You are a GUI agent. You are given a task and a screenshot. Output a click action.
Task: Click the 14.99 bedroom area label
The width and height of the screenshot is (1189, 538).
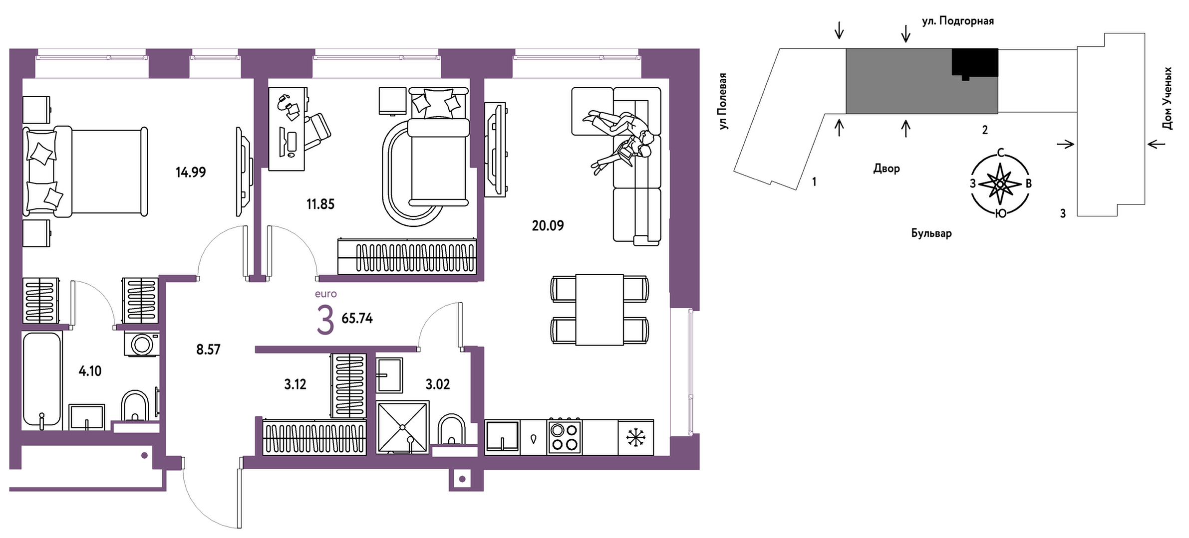pyautogui.click(x=191, y=173)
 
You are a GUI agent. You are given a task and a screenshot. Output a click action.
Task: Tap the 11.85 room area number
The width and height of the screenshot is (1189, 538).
pyautogui.click(x=320, y=204)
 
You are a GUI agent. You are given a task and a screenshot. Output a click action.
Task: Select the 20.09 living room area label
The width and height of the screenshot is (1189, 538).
pyautogui.click(x=548, y=226)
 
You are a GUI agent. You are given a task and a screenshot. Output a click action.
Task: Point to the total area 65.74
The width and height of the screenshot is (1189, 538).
pyautogui.click(x=357, y=318)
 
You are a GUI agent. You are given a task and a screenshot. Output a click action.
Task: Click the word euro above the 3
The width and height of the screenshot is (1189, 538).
pyautogui.click(x=326, y=294)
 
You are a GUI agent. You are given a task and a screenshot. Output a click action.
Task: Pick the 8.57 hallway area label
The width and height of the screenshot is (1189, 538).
pyautogui.click(x=208, y=350)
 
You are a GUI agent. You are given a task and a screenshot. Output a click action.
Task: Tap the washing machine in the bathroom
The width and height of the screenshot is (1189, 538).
pyautogui.click(x=142, y=344)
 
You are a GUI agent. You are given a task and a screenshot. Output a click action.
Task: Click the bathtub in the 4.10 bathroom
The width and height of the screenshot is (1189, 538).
pyautogui.click(x=42, y=381)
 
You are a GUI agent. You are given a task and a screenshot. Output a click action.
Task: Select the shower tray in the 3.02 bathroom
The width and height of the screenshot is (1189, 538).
pyautogui.click(x=402, y=427)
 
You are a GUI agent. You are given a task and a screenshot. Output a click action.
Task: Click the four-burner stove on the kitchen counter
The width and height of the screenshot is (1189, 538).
pyautogui.click(x=564, y=437)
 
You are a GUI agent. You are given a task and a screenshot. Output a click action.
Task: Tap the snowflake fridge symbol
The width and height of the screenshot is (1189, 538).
pyautogui.click(x=636, y=438)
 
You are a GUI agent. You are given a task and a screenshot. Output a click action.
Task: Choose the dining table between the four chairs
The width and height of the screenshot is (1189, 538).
pyautogui.click(x=599, y=310)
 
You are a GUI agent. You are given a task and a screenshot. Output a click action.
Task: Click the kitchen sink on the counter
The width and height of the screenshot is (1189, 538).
pyautogui.click(x=502, y=437)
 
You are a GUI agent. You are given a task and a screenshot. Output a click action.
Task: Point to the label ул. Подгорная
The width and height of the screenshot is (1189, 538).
pyautogui.click(x=958, y=21)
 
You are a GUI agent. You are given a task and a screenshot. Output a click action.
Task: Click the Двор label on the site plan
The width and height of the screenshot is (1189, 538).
pyautogui.click(x=887, y=169)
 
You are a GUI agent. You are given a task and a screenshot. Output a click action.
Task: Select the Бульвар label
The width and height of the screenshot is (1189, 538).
pyautogui.click(x=931, y=233)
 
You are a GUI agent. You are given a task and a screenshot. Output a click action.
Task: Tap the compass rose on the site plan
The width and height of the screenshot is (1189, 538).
pyautogui.click(x=1000, y=184)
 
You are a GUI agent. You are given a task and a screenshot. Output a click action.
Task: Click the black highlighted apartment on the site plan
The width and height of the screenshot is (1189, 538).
pyautogui.click(x=975, y=62)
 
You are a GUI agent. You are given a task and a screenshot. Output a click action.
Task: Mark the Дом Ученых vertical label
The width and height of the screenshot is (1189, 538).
pyautogui.click(x=1167, y=99)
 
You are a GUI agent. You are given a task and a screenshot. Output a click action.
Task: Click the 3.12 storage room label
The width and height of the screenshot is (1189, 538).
pyautogui.click(x=295, y=384)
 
